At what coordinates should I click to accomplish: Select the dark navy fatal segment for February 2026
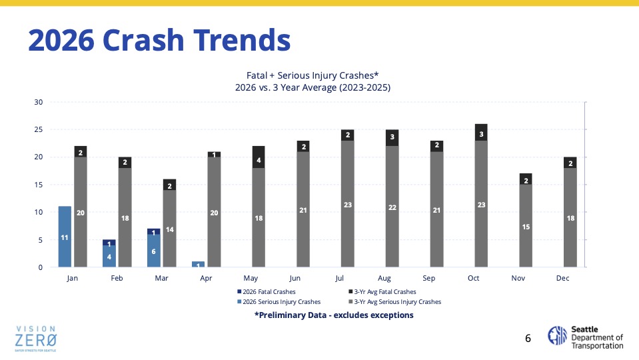109,243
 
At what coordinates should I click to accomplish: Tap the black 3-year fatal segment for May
259,157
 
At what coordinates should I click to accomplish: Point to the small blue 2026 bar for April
199,264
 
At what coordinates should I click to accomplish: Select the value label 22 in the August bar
392,207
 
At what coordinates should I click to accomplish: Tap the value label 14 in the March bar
169,229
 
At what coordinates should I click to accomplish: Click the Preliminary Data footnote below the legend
334,315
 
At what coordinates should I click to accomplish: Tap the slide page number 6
528,338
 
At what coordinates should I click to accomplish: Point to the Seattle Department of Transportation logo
585,337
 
